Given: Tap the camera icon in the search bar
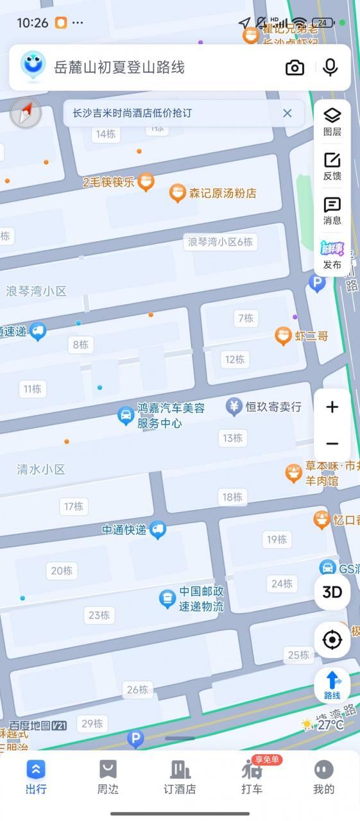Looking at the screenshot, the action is point(295,67).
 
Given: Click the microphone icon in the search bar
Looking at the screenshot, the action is point(330,67).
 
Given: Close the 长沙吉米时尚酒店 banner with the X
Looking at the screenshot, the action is point(287,114).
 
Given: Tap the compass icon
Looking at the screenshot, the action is point(26,114).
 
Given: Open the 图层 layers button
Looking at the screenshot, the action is point(332,121).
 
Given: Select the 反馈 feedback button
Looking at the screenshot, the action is point(332,166).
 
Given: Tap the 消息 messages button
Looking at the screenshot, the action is point(332,211).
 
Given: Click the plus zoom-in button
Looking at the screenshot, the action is point(332,407).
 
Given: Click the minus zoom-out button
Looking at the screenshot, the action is point(332,443).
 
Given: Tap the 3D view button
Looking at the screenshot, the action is point(332,592).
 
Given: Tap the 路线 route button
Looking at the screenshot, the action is point(332,685).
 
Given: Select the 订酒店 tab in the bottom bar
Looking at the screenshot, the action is point(180,777).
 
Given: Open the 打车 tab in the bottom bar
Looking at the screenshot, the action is point(252,777).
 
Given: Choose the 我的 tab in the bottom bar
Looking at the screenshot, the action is point(323,777).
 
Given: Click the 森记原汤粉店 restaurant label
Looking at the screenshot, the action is point(222,193).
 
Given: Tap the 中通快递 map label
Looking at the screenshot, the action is point(124,530).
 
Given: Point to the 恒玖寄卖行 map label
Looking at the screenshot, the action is point(273,407).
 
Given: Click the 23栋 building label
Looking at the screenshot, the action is point(99,615).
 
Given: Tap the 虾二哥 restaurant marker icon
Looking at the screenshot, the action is point(283,335).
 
